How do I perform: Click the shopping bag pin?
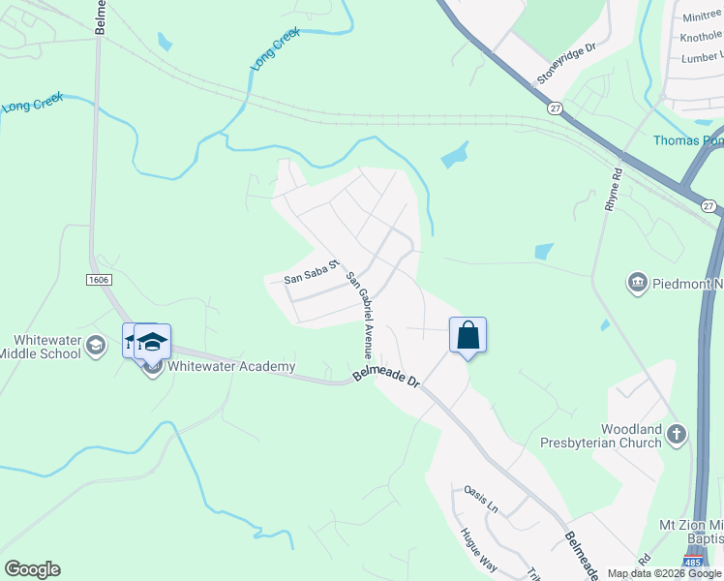click(x=468, y=336)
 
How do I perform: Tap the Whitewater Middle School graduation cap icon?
click(x=95, y=345)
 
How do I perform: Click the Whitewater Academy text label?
click(x=230, y=366)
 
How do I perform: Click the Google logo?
click(x=32, y=569)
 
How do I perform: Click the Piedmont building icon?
click(x=637, y=283)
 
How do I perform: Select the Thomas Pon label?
click(x=687, y=140)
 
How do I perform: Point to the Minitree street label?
click(x=702, y=16)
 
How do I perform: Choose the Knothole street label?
click(x=701, y=36)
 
